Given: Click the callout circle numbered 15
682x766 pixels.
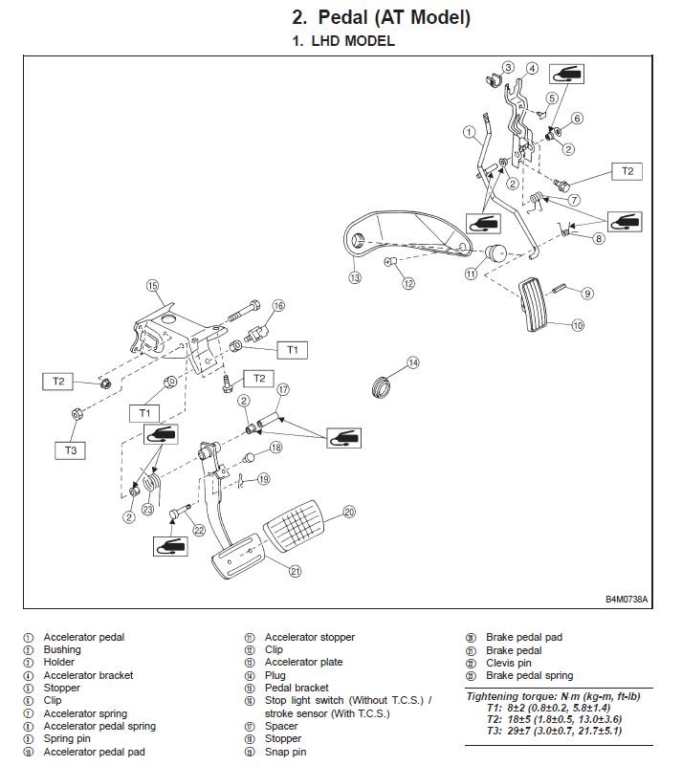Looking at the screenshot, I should click(x=151, y=284).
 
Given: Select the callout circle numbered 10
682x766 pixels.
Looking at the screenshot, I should click(x=577, y=325).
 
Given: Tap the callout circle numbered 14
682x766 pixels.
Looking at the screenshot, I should click(x=412, y=362).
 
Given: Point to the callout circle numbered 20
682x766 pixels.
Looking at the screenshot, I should click(x=349, y=513).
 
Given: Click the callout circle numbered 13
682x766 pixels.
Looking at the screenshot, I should click(x=354, y=277).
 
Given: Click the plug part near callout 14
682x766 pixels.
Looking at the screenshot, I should click(x=382, y=387).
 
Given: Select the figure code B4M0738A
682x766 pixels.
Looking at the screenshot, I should click(x=626, y=600).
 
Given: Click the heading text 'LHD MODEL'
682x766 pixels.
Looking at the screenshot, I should click(x=350, y=42).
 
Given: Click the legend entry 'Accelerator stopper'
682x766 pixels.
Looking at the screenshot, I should click(x=309, y=637).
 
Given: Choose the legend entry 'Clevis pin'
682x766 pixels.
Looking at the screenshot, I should click(x=508, y=663).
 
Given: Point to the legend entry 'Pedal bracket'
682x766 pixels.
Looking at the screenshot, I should click(x=297, y=688).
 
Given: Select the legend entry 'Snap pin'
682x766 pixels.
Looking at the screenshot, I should click(x=288, y=752).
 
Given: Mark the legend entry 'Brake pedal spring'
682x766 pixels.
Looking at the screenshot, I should click(x=529, y=675).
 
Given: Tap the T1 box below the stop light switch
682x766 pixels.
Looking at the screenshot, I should click(x=292, y=350).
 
